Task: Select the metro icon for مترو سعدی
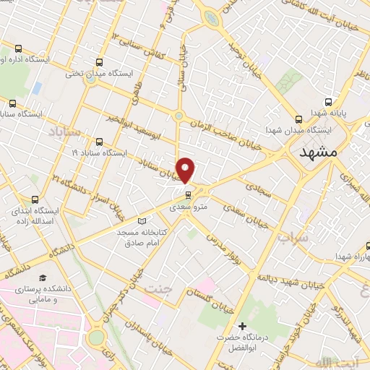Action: point(188,194)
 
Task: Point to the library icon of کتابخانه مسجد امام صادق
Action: point(142,220)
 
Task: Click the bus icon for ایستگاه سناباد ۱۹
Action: point(99,142)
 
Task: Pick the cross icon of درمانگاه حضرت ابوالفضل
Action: point(243,327)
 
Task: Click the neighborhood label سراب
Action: point(312,236)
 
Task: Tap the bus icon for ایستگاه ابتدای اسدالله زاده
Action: point(34,199)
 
